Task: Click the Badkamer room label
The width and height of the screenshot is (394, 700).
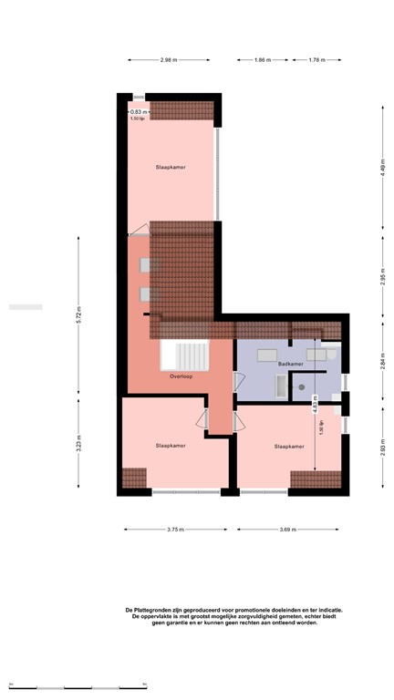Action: [290, 364]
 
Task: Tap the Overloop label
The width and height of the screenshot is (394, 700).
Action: [181, 376]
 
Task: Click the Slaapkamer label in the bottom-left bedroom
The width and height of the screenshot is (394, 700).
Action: [171, 446]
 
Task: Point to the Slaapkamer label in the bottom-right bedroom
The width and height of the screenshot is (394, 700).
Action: [289, 447]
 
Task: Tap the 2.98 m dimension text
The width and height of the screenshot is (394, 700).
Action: [168, 60]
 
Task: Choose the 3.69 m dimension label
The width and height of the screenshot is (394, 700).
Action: [288, 530]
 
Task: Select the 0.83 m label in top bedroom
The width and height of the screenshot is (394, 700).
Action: [138, 112]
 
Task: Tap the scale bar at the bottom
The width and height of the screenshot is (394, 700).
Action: [78, 686]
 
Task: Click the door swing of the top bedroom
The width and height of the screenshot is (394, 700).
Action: [138, 228]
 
